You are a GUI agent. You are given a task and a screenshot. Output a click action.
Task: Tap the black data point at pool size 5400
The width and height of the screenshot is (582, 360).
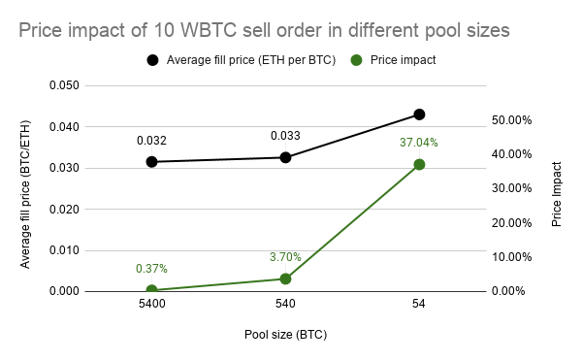(152, 161)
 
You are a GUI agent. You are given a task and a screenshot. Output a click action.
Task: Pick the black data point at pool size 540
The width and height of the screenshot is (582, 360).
(285, 157)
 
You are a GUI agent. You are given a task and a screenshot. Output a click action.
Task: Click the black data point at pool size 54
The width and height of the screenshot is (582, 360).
(419, 115)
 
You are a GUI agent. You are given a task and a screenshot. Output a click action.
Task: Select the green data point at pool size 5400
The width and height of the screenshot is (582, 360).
(152, 290)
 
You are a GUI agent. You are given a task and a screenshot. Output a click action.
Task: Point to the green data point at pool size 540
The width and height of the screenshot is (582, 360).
(285, 278)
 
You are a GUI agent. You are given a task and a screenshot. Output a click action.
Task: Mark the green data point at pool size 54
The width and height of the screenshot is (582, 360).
(419, 165)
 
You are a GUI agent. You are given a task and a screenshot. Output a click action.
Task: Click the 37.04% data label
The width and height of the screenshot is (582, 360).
(419, 143)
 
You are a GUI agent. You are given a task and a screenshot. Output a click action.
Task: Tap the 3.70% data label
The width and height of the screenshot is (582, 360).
(285, 257)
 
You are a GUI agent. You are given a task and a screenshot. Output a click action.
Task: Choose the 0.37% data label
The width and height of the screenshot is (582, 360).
(152, 269)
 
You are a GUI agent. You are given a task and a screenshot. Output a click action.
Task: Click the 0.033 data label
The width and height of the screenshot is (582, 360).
(285, 135)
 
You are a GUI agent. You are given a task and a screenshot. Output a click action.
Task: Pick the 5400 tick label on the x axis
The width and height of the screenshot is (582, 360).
(152, 305)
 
